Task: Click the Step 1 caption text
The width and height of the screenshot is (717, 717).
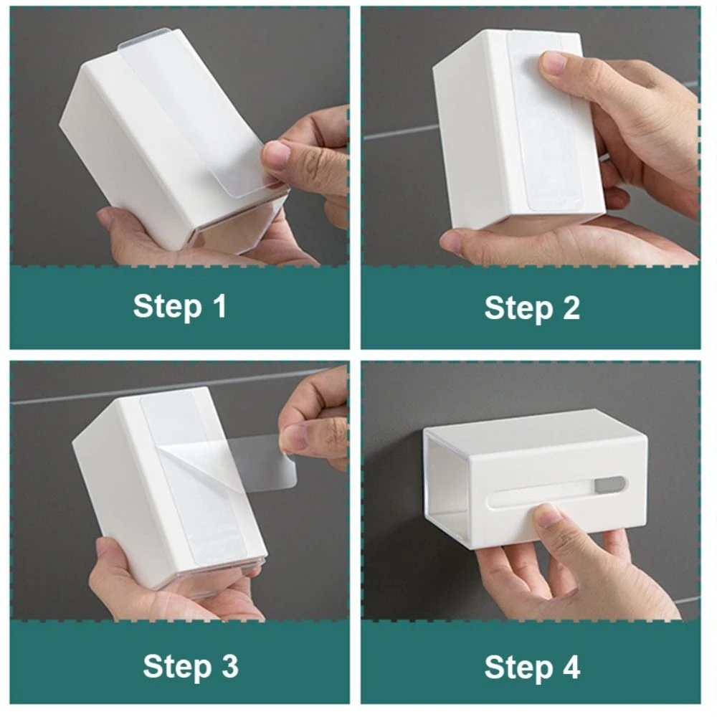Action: click(x=180, y=306)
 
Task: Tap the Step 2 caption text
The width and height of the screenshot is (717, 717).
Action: click(x=532, y=308)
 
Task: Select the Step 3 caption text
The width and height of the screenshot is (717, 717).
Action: click(x=191, y=666)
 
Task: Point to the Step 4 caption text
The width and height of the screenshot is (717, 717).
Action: click(x=532, y=667)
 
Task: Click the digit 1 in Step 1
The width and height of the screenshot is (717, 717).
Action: click(x=220, y=305)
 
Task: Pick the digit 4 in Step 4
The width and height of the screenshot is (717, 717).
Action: click(x=571, y=667)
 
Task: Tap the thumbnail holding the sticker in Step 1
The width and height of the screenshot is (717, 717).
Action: click(x=276, y=156)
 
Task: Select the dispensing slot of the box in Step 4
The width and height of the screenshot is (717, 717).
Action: click(x=556, y=492)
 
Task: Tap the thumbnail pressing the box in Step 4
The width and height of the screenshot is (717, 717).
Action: click(x=546, y=514)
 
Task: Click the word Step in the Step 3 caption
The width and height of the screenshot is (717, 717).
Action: click(x=177, y=667)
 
